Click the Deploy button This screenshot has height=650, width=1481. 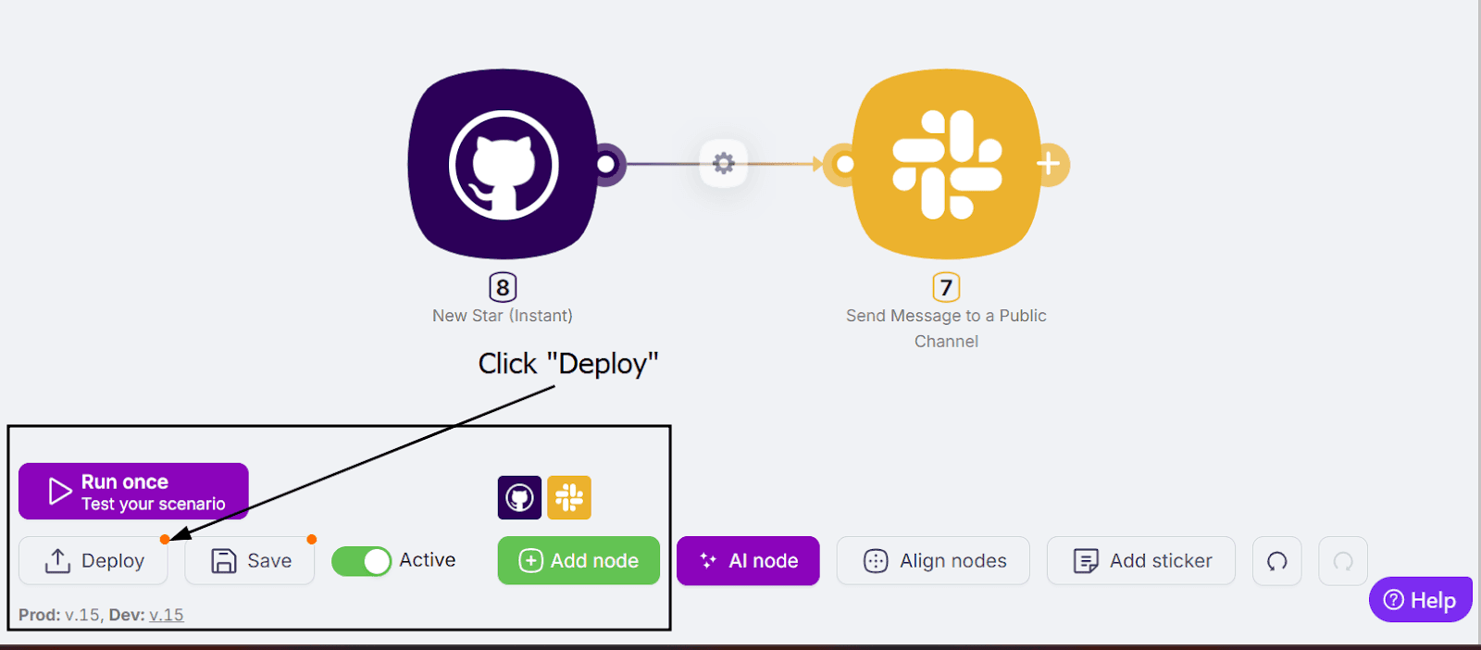point(93,561)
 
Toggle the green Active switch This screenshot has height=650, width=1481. point(362,561)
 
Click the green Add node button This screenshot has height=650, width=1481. point(579,561)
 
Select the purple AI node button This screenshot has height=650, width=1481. point(748,561)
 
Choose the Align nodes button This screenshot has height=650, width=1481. point(933,561)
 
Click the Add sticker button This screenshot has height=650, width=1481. point(1141,561)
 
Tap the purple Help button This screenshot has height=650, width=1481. point(1420,600)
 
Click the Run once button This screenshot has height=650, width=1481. point(133,492)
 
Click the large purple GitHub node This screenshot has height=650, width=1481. point(503,164)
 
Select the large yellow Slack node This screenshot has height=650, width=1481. point(946,164)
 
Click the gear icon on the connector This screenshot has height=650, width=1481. point(724,164)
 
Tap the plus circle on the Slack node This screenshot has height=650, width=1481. point(1049,164)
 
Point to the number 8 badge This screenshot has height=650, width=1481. point(503,287)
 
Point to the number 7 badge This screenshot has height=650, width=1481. point(946,287)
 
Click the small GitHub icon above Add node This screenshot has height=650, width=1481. point(519,498)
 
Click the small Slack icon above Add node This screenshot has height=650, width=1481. point(569,498)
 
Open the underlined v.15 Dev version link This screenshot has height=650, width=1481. point(167,615)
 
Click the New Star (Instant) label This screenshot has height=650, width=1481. point(503,316)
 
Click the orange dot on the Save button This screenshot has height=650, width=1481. point(312,539)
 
